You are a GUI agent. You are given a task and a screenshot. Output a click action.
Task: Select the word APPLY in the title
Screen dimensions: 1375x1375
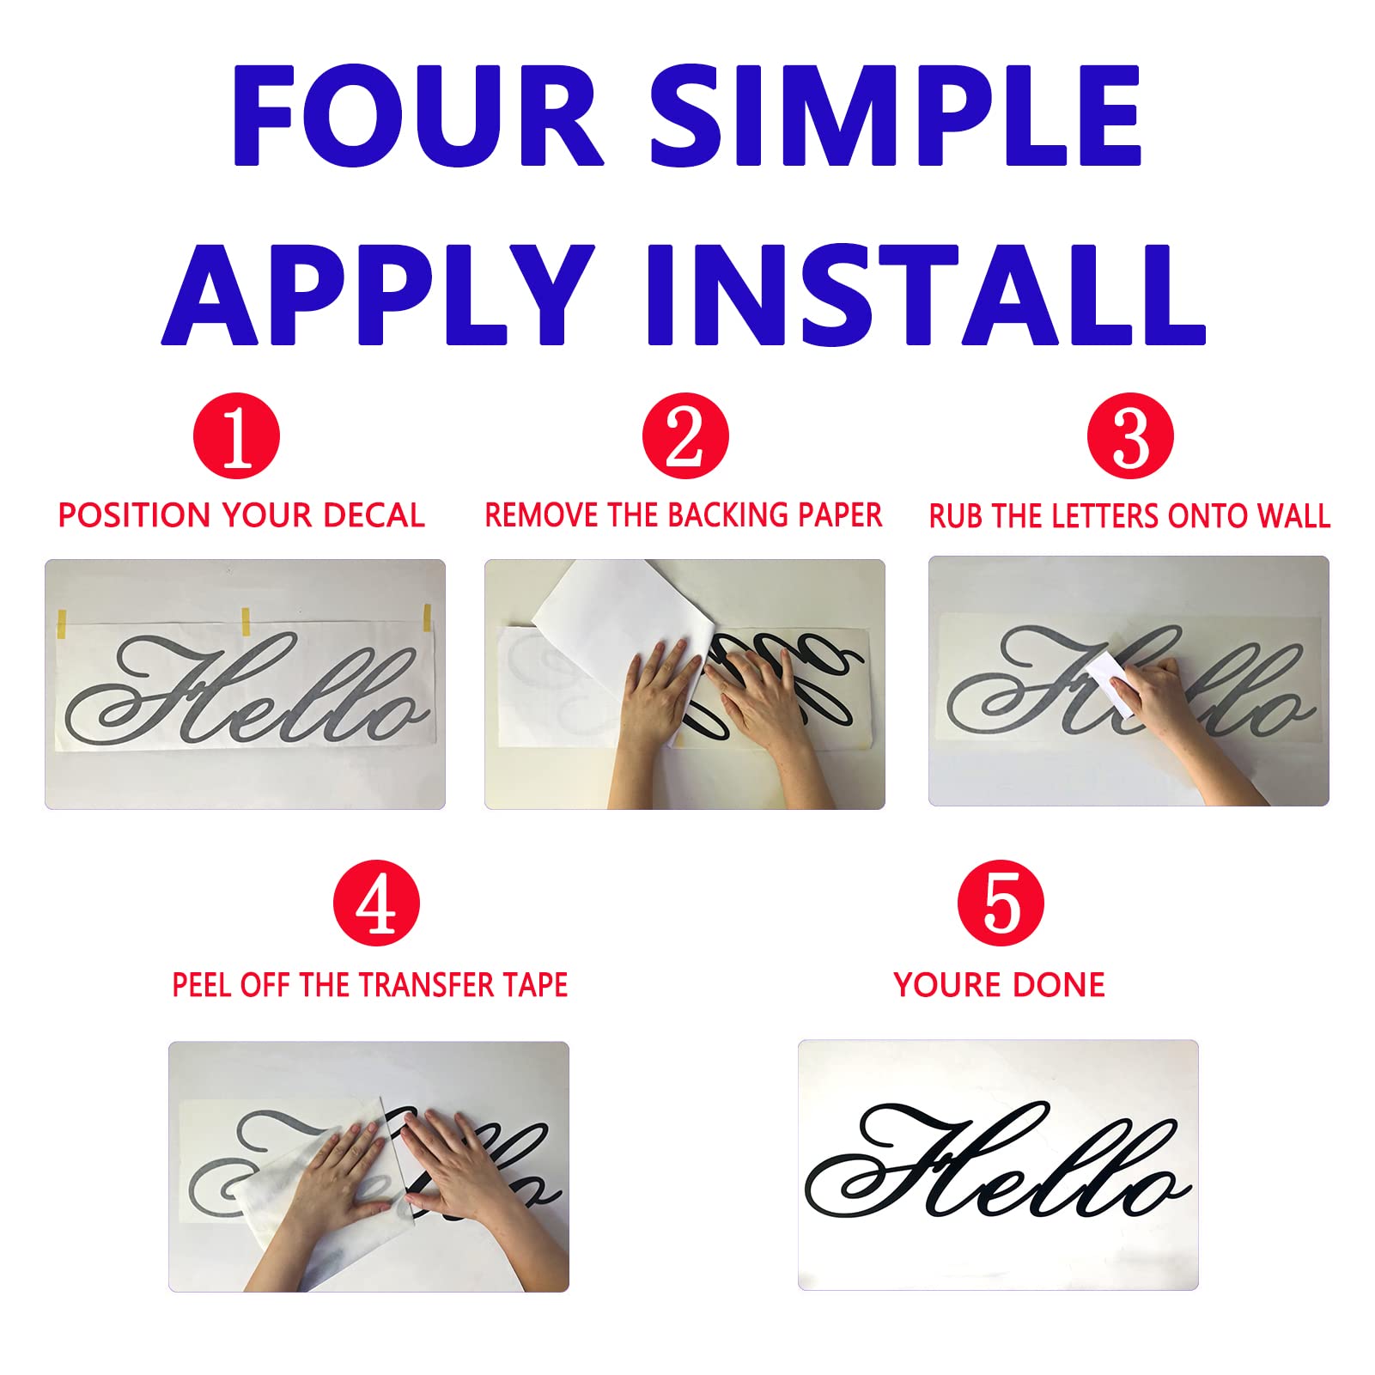tap(377, 295)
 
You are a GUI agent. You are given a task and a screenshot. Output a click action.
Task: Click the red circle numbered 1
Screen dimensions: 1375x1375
tap(237, 436)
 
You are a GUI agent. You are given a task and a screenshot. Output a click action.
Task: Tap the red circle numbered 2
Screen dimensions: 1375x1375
tap(684, 436)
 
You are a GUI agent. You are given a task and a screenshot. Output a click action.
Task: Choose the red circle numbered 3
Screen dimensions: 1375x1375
tap(1130, 436)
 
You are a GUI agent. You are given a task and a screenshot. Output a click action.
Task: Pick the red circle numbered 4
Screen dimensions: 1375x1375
tap(376, 903)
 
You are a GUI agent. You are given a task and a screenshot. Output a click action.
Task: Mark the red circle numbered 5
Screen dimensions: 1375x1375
tap(1001, 903)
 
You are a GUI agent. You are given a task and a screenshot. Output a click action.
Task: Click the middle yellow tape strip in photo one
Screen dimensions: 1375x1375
tap(246, 621)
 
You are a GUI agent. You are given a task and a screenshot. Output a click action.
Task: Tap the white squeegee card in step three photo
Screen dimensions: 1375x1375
tap(1113, 683)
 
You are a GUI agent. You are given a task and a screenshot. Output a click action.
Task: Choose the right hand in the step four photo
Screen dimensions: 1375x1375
tap(459, 1168)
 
